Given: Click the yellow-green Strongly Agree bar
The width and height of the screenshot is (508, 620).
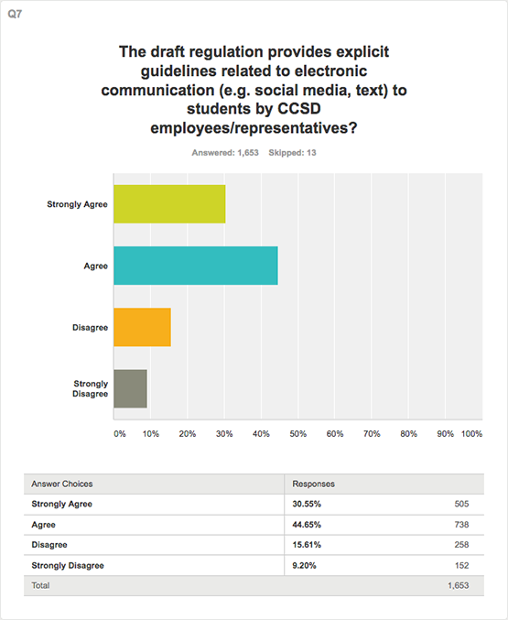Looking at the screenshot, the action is click(169, 204).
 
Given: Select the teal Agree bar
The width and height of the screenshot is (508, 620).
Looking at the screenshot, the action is click(196, 266).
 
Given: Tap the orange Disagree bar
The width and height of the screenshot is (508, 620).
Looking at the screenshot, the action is click(142, 327).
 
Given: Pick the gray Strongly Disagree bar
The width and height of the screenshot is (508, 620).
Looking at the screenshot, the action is click(131, 388).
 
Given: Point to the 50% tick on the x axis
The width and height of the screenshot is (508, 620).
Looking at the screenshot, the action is click(297, 434).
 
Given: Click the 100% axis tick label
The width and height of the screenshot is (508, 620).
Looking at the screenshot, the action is click(471, 434).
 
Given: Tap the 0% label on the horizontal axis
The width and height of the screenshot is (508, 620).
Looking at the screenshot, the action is click(120, 434).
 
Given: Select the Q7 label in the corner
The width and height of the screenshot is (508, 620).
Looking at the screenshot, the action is click(15, 15).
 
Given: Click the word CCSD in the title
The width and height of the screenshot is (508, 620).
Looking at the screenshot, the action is click(299, 108).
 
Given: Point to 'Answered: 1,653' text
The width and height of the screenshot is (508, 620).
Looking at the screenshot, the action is click(225, 153).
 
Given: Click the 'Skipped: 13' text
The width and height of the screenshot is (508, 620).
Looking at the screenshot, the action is click(292, 153).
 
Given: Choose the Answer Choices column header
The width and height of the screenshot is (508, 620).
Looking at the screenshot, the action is click(62, 484).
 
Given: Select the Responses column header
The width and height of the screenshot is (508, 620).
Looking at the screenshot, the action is click(314, 484).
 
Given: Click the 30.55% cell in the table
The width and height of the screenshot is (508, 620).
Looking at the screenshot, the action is click(307, 504).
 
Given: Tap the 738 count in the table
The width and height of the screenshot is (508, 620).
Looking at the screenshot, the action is click(461, 525).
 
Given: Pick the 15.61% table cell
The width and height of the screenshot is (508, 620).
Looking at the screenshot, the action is click(307, 545).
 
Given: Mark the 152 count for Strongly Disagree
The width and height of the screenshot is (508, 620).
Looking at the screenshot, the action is click(461, 565).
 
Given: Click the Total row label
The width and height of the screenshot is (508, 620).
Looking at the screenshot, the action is click(40, 585).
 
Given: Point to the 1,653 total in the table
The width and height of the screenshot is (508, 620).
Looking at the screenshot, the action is click(459, 585).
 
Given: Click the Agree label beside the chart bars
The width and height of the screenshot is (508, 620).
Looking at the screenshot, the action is click(96, 266).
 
